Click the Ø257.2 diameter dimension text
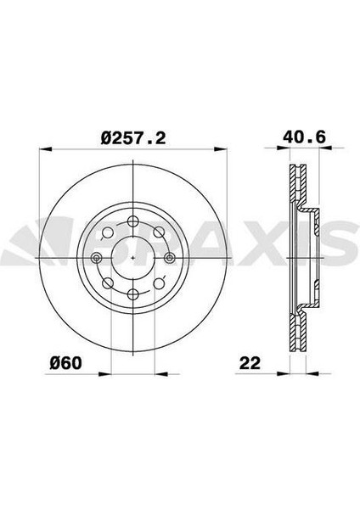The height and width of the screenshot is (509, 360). tap(133, 137)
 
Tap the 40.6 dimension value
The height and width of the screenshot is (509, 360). tap(305, 137)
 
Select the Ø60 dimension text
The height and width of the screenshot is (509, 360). tap(66, 362)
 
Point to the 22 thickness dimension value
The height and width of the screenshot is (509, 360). tap(250, 363)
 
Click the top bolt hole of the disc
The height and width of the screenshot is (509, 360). tap(133, 221)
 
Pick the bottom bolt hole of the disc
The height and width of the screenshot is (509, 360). tap(133, 294)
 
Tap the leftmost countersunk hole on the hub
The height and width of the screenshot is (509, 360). tap(97, 258)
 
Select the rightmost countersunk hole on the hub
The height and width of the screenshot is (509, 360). tap(169, 258)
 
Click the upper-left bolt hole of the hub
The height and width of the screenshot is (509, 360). tap(108, 232)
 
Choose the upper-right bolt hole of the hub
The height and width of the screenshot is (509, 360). tap(159, 232)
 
